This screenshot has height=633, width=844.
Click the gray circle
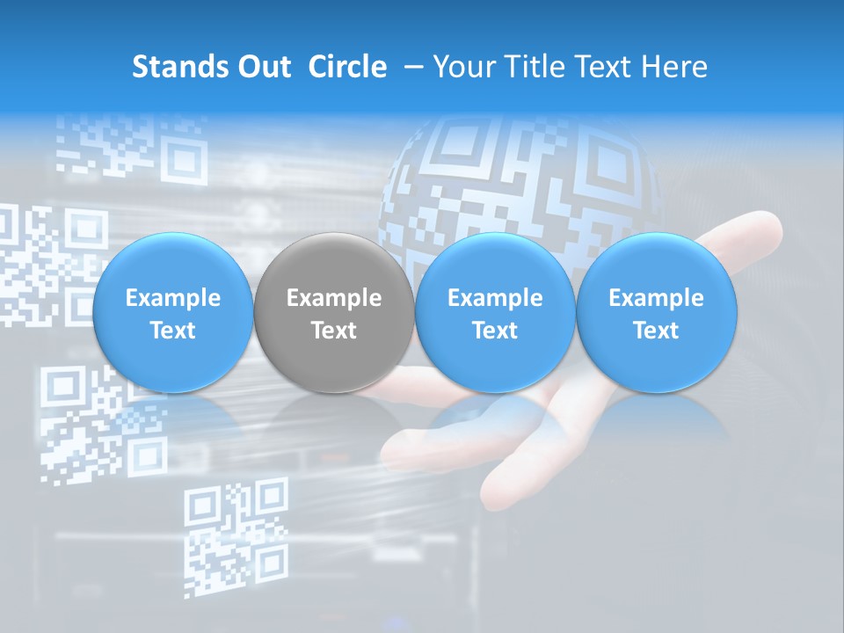click(333, 313)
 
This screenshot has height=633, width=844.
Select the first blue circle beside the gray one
click(172, 313)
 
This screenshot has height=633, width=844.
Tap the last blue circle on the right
click(656, 313)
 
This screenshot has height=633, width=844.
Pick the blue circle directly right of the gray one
click(495, 313)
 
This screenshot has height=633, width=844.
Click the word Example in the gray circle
click(333, 298)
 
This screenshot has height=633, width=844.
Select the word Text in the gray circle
click(333, 331)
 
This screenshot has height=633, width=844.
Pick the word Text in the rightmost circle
click(656, 331)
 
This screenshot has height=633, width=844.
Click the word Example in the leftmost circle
click(172, 298)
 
